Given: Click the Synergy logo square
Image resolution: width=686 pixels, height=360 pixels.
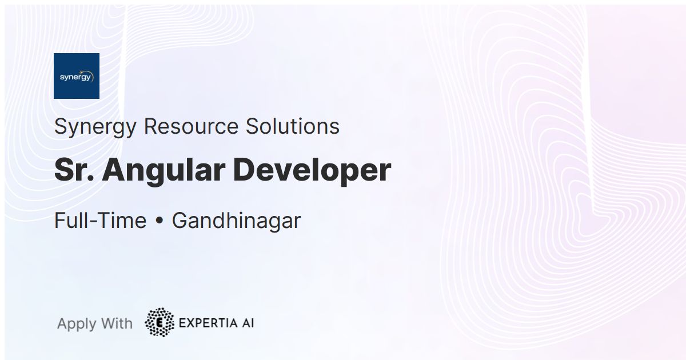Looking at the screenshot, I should [x=77, y=76].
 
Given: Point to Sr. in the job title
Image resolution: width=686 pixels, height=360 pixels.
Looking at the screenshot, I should [x=74, y=170].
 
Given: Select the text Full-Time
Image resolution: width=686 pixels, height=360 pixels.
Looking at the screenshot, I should [x=100, y=221].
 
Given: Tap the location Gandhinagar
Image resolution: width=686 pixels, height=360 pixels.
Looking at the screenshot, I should [x=236, y=221].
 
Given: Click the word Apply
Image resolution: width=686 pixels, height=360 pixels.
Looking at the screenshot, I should [x=77, y=324].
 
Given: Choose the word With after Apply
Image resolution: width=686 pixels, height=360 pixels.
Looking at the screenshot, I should [x=113, y=323].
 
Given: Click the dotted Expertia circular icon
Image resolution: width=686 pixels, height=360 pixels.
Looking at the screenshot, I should [x=159, y=323].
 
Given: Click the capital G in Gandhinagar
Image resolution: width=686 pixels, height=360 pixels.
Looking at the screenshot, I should [x=180, y=221].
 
